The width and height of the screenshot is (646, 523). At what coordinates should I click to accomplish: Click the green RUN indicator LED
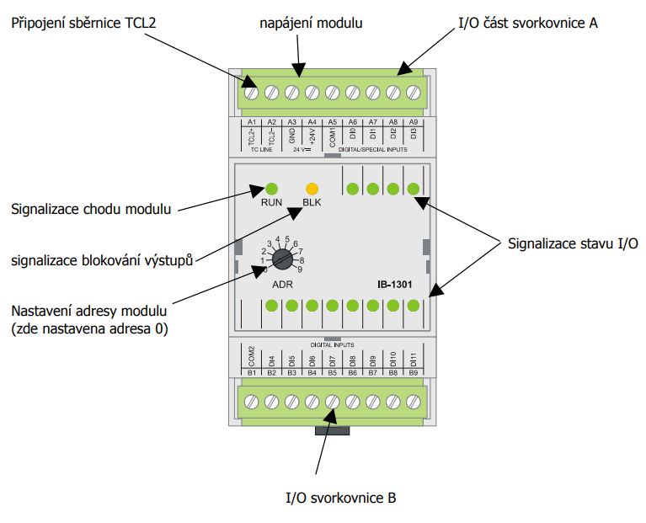coord(272,189)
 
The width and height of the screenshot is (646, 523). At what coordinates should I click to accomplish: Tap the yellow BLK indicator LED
coord(312,189)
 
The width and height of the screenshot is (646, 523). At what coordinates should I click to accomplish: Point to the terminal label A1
coord(252,122)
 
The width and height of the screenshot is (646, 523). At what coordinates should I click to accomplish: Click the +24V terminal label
coord(312,136)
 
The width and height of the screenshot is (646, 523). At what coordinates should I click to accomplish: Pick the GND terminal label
coord(292,136)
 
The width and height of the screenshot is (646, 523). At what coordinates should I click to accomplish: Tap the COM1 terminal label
coord(333,136)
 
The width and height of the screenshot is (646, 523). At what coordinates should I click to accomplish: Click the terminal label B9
coord(414,371)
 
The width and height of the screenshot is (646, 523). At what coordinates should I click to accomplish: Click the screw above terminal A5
coord(333,92)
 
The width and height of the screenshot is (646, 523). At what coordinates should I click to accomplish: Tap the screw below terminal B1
coord(252,403)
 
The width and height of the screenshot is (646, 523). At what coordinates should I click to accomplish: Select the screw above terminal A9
coord(414,92)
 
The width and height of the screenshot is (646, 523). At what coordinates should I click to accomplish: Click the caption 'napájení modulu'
coord(311,24)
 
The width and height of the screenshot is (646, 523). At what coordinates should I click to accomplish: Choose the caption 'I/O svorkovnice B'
coord(341,498)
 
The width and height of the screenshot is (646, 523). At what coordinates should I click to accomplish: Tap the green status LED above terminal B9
coord(414,306)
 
